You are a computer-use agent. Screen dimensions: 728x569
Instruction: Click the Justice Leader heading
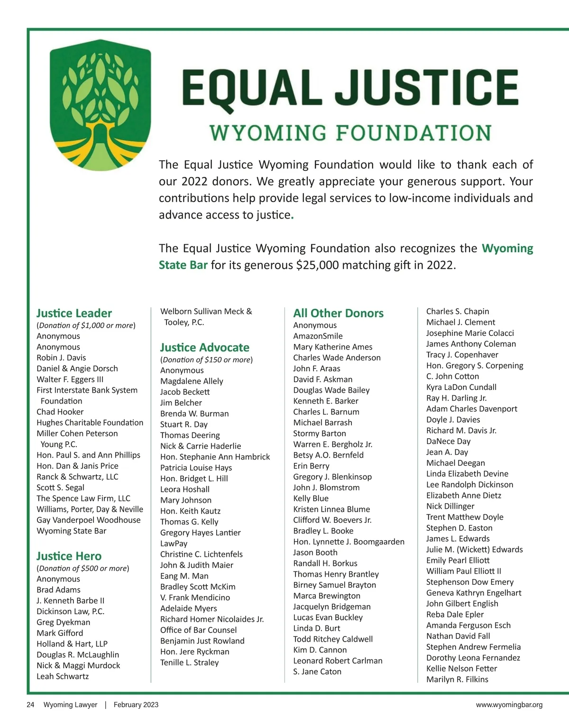tap(74, 313)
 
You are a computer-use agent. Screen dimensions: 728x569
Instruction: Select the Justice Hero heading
tap(69, 556)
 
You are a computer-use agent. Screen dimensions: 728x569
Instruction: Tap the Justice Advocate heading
tap(204, 347)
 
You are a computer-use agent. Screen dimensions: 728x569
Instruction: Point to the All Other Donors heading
tap(338, 313)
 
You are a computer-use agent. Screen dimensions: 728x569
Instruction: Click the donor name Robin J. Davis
tap(61, 358)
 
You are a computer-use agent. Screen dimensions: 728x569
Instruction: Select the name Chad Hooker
tap(60, 412)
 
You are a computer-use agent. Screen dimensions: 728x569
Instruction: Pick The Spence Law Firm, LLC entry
tap(83, 498)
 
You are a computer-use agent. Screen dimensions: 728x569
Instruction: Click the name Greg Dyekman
tap(63, 622)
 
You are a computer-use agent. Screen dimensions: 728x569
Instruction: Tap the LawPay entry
tap(174, 543)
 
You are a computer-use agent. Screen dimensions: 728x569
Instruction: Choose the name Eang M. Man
tap(184, 576)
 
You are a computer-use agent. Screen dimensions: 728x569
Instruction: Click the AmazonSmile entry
tap(318, 336)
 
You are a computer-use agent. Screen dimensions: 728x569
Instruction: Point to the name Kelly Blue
tap(311, 498)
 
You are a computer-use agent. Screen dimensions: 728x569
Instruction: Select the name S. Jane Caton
tap(317, 671)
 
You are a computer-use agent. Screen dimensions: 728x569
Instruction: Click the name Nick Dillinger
tap(450, 506)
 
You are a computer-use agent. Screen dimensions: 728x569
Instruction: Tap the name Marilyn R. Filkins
tap(457, 679)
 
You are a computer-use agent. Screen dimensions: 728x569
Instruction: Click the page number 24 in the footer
tap(30, 705)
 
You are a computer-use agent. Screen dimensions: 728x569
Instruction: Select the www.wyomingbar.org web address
tap(509, 705)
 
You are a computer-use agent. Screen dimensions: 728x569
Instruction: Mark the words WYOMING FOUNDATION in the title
tap(350, 133)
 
